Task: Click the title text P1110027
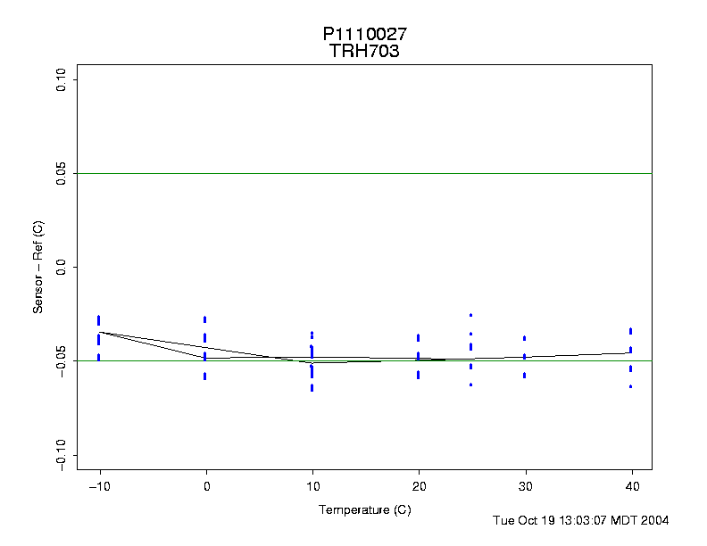tap(365, 34)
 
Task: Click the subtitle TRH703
tap(364, 52)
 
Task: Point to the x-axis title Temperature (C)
tap(364, 509)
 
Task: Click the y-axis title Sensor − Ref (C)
tap(38, 267)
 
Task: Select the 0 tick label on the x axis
tap(206, 487)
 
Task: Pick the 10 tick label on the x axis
tap(312, 487)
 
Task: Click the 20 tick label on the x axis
tap(418, 487)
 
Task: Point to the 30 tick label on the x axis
tap(524, 487)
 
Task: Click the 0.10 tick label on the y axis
tap(61, 80)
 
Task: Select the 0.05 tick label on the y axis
tap(61, 173)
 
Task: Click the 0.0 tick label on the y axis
tap(61, 267)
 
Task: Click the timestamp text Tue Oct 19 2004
tap(581, 520)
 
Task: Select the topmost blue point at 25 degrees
tap(470, 315)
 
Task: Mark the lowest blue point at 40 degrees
tap(630, 386)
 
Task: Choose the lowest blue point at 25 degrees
tap(470, 385)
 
